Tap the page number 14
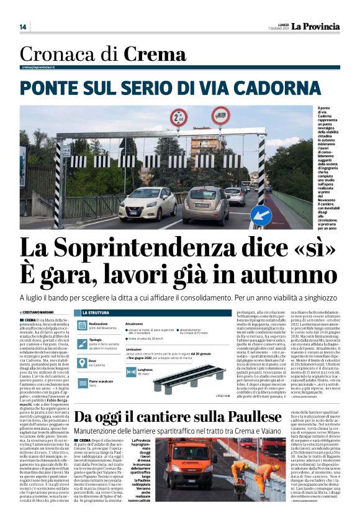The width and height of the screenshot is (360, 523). [23, 27]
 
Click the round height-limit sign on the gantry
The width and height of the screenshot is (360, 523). [179, 117]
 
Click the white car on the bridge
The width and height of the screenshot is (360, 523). [147, 202]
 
